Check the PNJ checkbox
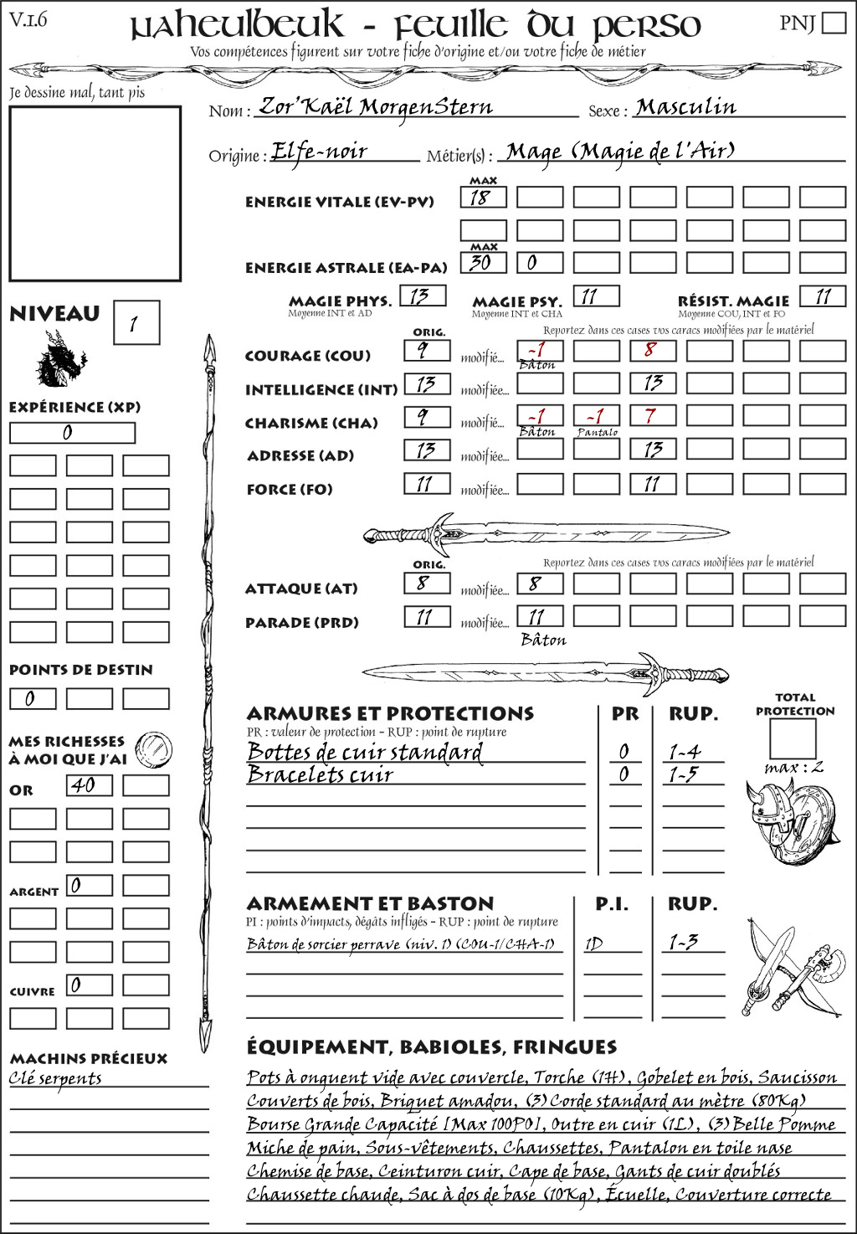coord(834,22)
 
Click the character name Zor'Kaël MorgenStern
coord(376,107)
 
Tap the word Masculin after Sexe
coord(685,107)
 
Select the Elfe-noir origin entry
coord(320,152)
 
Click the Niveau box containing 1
coord(136,322)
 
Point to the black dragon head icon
coord(60,360)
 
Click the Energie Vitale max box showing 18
coord(483,198)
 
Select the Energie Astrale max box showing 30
coord(483,262)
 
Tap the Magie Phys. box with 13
coord(423,296)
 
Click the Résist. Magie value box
coord(822,296)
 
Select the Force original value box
coord(427,484)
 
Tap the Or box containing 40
coord(89,785)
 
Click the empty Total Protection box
coord(793,738)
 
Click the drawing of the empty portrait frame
coord(95,193)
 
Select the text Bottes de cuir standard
coord(365,752)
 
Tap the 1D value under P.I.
coord(593,944)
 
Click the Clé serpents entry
coord(55,1078)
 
